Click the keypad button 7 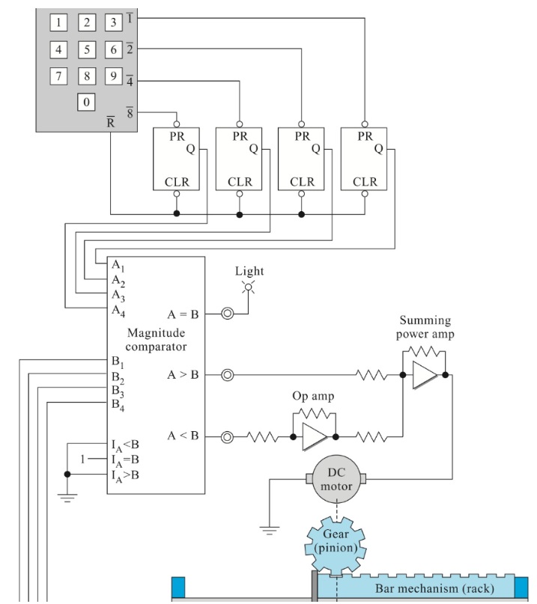[x=60, y=76]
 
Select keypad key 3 [x=112, y=22]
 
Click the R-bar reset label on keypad [x=110, y=121]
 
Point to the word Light [x=249, y=271]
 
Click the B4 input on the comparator [x=118, y=405]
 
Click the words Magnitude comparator [x=156, y=341]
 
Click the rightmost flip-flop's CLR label [x=365, y=182]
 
